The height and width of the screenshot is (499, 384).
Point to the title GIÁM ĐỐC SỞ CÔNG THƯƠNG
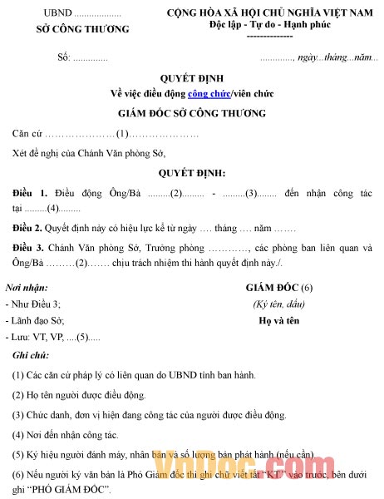click(192, 112)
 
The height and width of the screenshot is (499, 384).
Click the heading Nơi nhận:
click(26, 287)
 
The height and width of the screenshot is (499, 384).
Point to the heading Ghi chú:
click(31, 355)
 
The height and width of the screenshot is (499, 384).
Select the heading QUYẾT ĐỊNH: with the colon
click(192, 173)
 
